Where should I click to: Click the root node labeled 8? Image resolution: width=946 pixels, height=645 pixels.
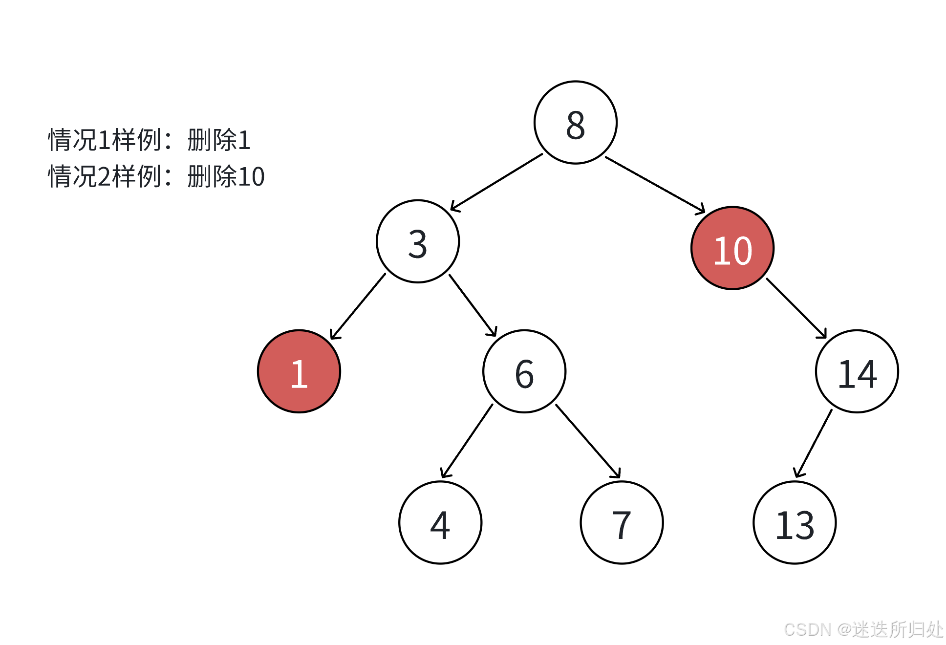point(576,123)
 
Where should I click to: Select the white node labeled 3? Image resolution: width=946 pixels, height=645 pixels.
point(418,241)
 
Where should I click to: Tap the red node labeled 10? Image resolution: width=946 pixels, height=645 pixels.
point(732,248)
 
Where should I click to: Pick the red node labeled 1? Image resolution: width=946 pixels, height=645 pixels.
point(299,371)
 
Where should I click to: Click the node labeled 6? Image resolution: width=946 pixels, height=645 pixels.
point(524,371)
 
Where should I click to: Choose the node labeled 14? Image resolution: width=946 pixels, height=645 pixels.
point(857,371)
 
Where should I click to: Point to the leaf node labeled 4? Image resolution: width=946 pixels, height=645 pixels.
point(440,522)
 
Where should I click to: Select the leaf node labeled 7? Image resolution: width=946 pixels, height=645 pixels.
point(622,522)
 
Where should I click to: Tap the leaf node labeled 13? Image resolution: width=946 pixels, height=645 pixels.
point(795,522)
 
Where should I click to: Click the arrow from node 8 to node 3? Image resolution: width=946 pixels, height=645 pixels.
point(496,182)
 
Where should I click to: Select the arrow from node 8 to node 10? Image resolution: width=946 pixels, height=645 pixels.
point(655,185)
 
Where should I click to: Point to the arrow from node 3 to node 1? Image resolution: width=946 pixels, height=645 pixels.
point(358,306)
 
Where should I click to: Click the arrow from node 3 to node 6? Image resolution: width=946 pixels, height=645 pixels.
point(473,305)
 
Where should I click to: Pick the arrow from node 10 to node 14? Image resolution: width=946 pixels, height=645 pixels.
point(796,308)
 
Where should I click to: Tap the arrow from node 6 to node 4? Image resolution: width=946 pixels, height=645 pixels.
point(467,441)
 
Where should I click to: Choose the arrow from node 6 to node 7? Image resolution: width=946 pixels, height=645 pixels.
point(588,441)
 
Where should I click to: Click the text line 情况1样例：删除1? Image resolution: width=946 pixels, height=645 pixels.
point(150,140)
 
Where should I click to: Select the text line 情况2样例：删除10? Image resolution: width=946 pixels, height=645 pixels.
point(156,176)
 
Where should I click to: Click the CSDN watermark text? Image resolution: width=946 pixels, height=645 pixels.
point(863,629)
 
